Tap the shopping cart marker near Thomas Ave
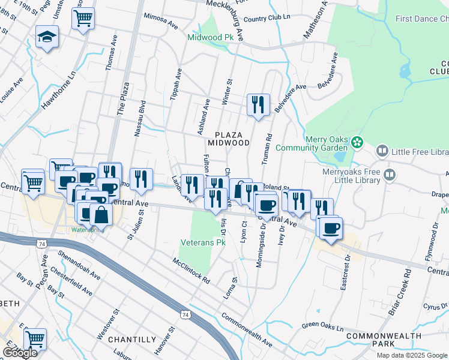click(83, 17)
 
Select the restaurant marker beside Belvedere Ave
click(258, 104)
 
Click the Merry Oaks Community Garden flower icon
click(357, 143)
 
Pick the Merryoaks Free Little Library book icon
click(390, 175)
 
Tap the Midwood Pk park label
click(209, 37)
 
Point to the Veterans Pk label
click(203, 243)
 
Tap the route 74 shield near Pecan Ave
click(41, 244)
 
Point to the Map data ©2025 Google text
click(412, 355)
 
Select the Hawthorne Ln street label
click(58, 91)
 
